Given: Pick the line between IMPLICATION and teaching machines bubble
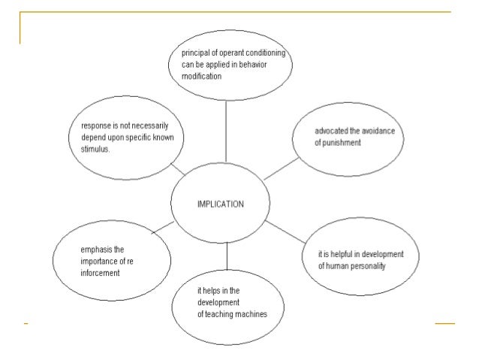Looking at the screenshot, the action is [226, 259].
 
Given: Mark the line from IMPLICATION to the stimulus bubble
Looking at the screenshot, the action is [179, 169].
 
